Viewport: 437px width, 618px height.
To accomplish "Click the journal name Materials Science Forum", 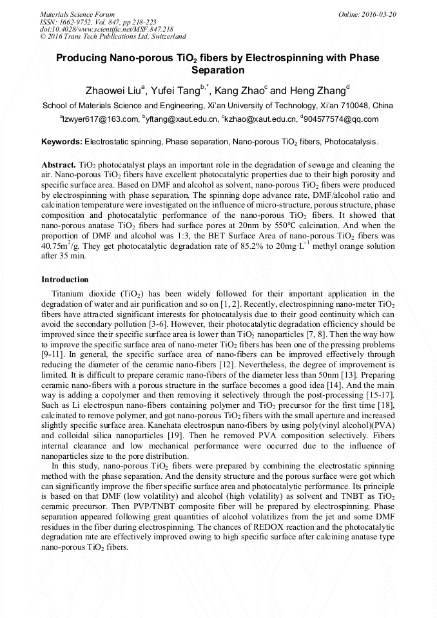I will coord(77,14).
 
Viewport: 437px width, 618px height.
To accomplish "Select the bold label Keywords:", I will coord(62,141).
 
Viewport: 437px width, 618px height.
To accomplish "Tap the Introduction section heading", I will coord(65,280).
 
